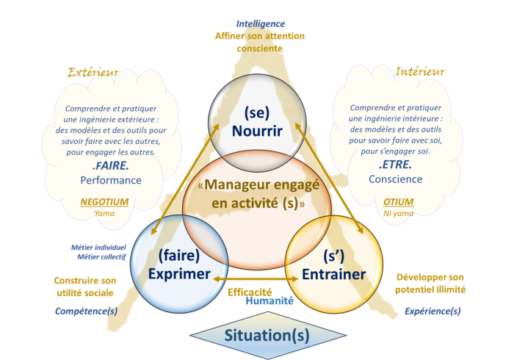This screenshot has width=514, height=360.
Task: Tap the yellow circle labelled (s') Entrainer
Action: [334, 265]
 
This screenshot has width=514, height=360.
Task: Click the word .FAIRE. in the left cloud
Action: [111, 166]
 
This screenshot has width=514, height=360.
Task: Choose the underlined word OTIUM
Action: [399, 202]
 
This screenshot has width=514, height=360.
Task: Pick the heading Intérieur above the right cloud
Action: [420, 72]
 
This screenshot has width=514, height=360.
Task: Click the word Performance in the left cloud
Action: [111, 180]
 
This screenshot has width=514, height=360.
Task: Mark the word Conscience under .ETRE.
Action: [395, 179]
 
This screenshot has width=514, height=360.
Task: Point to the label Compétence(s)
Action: [86, 312]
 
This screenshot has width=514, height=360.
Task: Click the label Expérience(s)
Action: [432, 312]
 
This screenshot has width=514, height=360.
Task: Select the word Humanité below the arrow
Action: [269, 300]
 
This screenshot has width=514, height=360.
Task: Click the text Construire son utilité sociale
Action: [85, 287]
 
